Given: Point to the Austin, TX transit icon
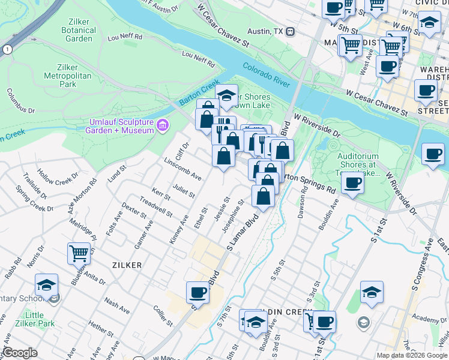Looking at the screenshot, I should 290,31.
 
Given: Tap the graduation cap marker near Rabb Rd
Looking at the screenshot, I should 46,285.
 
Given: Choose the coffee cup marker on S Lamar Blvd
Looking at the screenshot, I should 197,293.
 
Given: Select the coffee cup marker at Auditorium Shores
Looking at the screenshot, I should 352,182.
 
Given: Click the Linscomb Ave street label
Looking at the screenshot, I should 182,168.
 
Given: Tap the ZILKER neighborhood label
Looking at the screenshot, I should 126,265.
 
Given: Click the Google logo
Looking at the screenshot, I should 19,353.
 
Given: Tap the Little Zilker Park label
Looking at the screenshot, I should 34,320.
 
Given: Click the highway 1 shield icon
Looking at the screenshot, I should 7,49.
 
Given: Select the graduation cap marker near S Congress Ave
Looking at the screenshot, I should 372,292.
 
